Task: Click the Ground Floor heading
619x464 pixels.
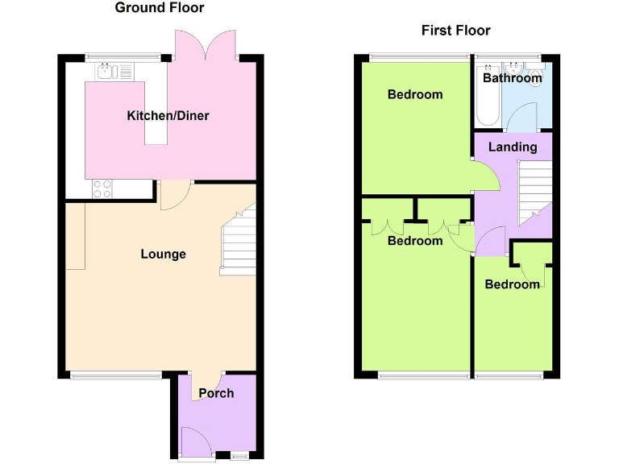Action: click(160, 8)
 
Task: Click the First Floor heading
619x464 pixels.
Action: click(455, 31)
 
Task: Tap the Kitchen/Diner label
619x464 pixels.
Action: click(168, 116)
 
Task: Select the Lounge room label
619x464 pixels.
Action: click(163, 255)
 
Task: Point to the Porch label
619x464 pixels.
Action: click(216, 393)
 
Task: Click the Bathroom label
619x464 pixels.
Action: click(512, 78)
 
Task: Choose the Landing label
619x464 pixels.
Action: click(513, 147)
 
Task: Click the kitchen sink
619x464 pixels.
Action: click(106, 72)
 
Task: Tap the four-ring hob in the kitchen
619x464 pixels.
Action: click(102, 188)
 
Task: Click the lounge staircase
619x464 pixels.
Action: click(239, 242)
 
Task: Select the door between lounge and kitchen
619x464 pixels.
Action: click(174, 193)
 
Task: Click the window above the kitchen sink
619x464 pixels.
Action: click(113, 56)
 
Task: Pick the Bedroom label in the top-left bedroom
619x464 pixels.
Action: click(415, 95)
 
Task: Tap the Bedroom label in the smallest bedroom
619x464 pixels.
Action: click(512, 284)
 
